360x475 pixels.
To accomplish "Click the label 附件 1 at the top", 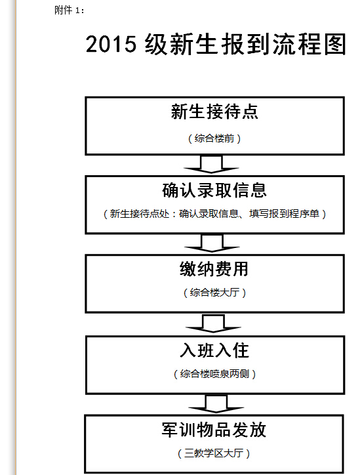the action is coord(69,10).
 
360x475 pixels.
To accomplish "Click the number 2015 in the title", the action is coord(111,44).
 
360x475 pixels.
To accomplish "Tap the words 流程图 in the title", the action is coord(310,44).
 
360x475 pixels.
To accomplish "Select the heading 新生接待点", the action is coord(214,112).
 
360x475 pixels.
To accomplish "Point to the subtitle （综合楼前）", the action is coord(214,138).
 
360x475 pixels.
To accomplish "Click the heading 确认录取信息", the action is coord(214,190).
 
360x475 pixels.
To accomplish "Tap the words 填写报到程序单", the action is coord(285,214).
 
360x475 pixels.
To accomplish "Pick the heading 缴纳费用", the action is coord(214,269).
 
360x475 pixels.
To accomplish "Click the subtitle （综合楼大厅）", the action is coord(214,293).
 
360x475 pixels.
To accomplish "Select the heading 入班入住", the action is coord(214,350).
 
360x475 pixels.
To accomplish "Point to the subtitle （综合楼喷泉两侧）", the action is coord(214,374).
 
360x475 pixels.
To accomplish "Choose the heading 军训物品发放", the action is coord(214,430).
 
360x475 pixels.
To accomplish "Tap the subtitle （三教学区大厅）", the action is coord(214,453).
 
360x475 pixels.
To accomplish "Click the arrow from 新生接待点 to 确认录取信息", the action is coord(211,165).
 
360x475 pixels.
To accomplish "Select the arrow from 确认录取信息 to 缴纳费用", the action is coord(212,243).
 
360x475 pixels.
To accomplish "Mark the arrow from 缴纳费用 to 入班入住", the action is coord(213,323).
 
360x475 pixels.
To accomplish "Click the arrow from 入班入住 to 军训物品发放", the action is coord(216,403).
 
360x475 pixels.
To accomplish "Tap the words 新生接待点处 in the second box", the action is coord(139,214).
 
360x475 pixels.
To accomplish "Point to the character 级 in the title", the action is coord(156,44).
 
